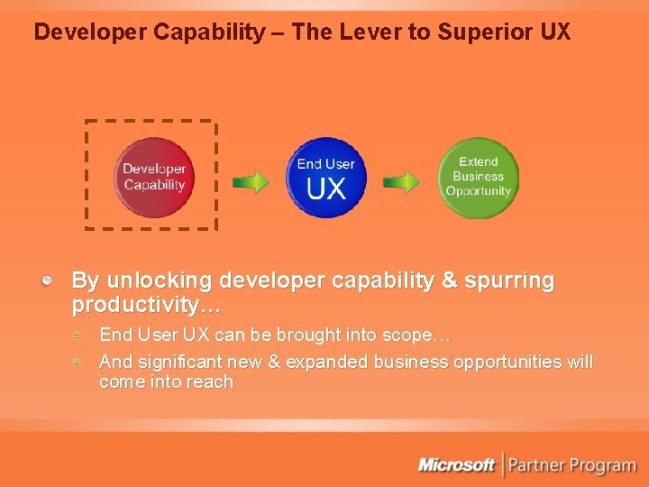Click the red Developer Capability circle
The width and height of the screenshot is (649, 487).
[x=154, y=177]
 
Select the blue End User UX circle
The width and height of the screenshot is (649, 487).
[x=326, y=177]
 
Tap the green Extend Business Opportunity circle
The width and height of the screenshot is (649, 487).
[x=478, y=177]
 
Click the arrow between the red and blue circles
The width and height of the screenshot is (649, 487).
[x=251, y=182]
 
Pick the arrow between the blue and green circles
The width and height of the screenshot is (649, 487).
[x=401, y=182]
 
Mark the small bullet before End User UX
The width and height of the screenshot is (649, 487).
[x=78, y=335]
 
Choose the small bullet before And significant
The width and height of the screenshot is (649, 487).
[x=78, y=362]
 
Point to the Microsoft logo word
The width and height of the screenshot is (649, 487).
[x=456, y=465]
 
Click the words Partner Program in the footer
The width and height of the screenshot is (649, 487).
[x=572, y=466]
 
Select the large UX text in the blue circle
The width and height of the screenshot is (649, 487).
[x=326, y=188]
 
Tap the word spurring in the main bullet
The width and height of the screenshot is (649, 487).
[x=510, y=280]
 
